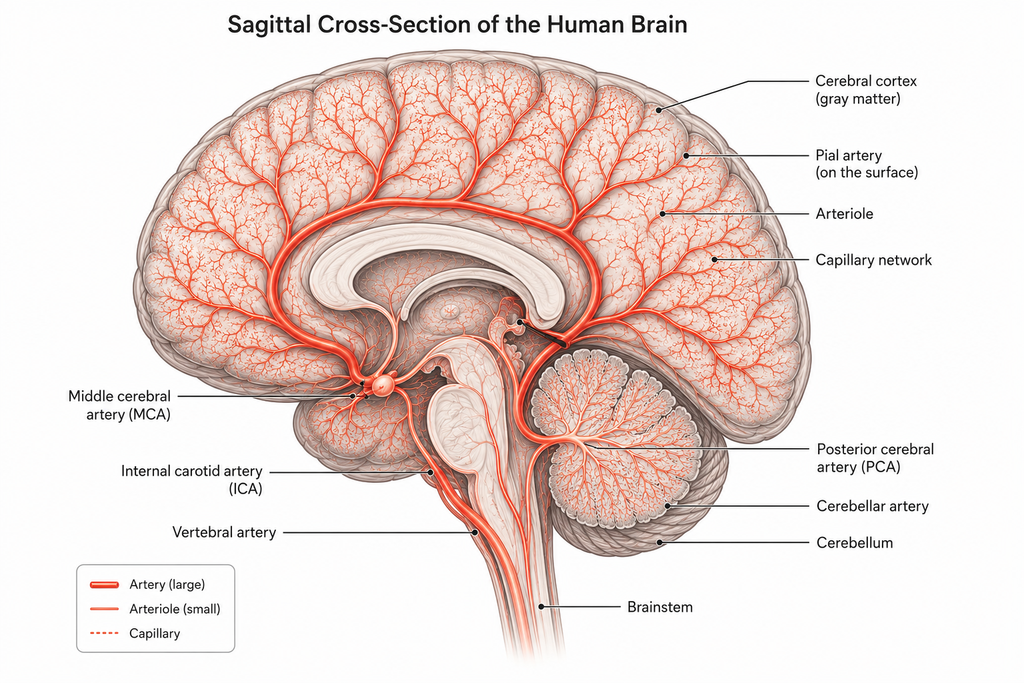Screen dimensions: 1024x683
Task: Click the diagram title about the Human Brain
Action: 457,25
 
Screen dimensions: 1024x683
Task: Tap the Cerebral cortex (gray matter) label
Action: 866,89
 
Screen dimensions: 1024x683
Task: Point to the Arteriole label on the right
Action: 845,213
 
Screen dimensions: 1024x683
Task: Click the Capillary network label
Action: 873,260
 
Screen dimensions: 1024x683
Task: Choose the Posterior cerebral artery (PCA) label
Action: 875,458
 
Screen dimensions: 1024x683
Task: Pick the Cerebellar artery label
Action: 872,506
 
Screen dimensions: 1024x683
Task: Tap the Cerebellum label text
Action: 855,542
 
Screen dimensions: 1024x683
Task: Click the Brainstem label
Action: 659,607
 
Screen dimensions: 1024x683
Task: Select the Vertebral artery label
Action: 224,532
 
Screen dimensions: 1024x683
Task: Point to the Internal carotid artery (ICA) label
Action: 191,480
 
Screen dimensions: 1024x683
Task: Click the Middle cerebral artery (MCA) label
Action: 119,406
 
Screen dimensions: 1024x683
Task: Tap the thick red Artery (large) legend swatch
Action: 105,585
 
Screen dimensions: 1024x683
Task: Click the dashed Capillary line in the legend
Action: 105,633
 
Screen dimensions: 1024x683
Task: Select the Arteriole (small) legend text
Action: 175,609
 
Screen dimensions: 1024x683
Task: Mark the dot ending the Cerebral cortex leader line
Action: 659,110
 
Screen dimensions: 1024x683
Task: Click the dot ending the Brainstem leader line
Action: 541,606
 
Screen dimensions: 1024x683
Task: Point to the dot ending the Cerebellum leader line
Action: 659,542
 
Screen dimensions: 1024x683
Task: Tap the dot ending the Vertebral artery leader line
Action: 475,532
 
